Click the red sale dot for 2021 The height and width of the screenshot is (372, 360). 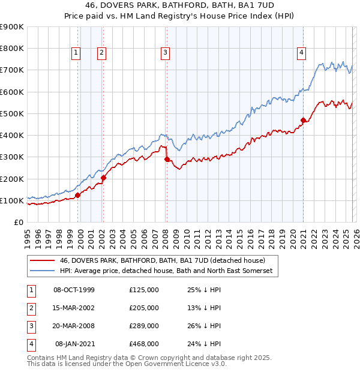click(x=303, y=120)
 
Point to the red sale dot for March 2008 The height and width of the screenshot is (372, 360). click(x=167, y=159)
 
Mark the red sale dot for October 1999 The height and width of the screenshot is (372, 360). click(x=77, y=195)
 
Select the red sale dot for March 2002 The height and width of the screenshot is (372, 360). click(x=103, y=178)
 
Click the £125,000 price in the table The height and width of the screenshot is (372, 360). click(x=144, y=290)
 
